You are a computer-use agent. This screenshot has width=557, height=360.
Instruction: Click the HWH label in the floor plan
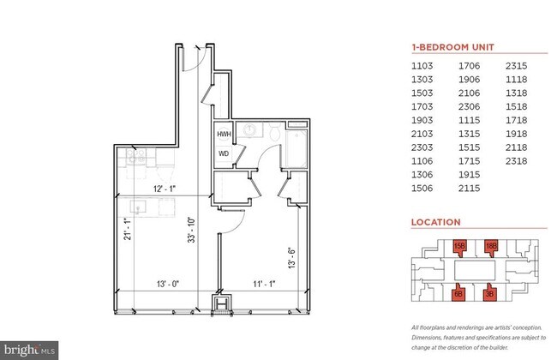click(x=223, y=135)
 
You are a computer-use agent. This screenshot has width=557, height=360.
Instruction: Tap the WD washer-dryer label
click(x=223, y=154)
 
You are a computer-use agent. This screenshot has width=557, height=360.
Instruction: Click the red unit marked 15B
click(x=458, y=247)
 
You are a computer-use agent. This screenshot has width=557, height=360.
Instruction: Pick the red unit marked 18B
click(x=491, y=247)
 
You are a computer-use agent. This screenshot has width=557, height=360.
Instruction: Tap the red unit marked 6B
click(x=458, y=294)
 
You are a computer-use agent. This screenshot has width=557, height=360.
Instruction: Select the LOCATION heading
click(x=435, y=222)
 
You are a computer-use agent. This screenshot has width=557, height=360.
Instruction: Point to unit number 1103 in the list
click(x=423, y=65)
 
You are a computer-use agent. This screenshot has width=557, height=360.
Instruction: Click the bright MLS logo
click(x=30, y=349)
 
